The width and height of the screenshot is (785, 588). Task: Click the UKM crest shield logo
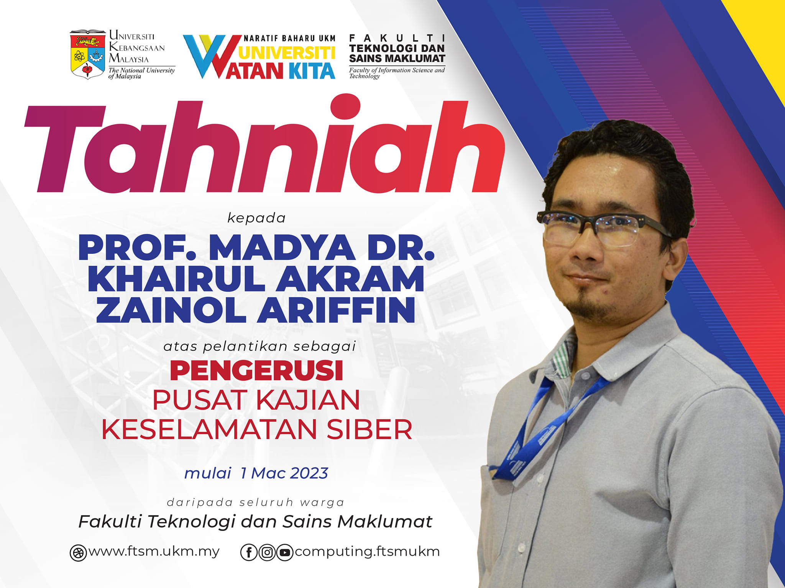(87, 54)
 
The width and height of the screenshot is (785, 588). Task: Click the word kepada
(256, 218)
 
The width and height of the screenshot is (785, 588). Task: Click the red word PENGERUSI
(256, 371)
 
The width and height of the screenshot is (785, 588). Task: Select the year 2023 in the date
(309, 473)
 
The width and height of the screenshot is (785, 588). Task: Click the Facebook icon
(249, 552)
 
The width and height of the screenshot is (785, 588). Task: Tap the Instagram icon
(267, 552)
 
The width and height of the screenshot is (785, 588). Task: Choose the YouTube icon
(285, 552)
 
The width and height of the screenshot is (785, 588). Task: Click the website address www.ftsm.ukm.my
(154, 552)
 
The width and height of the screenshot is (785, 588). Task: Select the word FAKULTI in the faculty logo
(397, 38)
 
